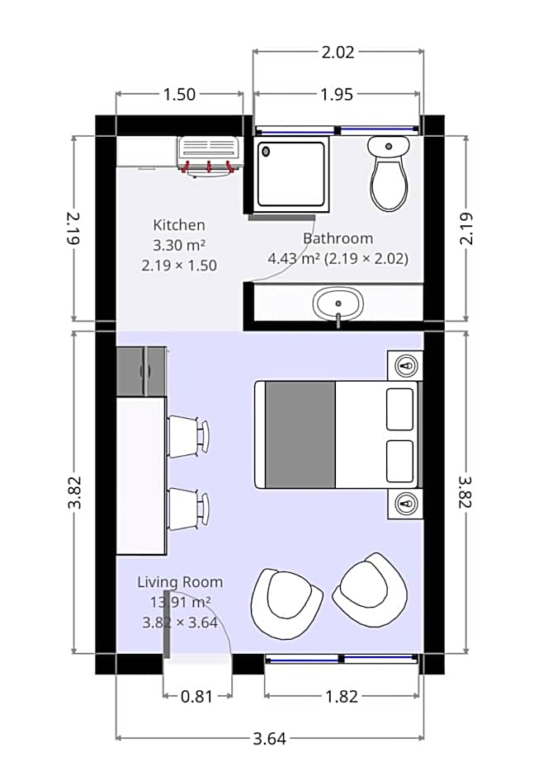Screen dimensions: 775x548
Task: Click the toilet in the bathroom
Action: pos(388,176)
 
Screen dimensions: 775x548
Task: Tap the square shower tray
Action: pos(291,174)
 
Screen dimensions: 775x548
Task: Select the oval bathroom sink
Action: pos(337,304)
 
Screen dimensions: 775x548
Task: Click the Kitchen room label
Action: pos(179,224)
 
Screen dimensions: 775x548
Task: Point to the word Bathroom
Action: pos(338,238)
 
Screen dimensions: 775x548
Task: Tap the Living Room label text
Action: pos(179,582)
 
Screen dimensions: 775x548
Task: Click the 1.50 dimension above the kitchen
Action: pos(179,94)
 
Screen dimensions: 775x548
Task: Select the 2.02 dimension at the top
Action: pos(337,52)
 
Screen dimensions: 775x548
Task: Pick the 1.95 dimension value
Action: pos(337,94)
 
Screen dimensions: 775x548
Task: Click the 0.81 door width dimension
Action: pos(196,697)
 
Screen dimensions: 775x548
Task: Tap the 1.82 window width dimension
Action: pos(342,697)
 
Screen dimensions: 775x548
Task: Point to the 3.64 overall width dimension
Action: pos(269,738)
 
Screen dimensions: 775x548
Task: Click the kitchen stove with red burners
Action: pos(209,154)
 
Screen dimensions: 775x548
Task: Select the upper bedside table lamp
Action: pos(405,364)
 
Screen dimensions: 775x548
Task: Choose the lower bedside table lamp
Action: pos(405,502)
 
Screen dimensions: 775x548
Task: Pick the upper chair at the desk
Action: pos(188,435)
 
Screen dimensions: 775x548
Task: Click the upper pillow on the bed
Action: pos(400,408)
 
